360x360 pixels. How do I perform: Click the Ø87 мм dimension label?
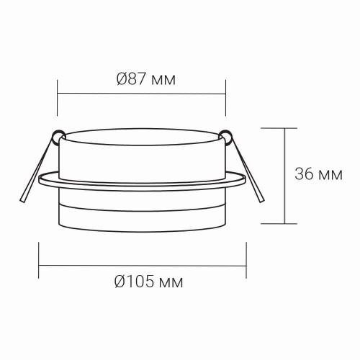[146, 79]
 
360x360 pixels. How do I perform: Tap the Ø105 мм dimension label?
[148, 282]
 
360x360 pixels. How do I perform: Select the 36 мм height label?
[318, 174]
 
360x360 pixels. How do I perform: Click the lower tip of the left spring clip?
[22, 201]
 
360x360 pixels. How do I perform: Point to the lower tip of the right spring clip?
[261, 201]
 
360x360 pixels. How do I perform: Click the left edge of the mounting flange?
[40, 179]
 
